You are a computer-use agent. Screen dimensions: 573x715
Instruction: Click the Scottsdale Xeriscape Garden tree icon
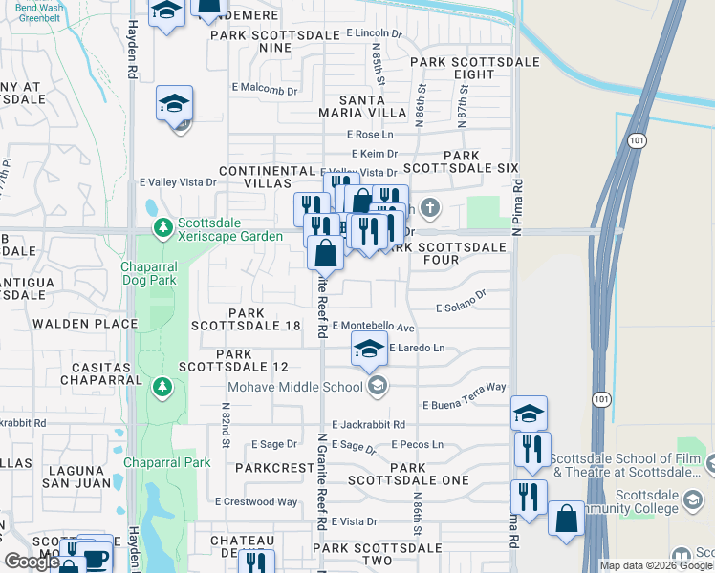(163, 227)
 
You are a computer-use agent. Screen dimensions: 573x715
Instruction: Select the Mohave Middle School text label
(293, 386)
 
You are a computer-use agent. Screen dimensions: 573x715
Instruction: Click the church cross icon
(431, 206)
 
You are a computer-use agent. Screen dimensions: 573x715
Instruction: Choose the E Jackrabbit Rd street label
(369, 424)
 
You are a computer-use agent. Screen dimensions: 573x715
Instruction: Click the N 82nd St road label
(227, 431)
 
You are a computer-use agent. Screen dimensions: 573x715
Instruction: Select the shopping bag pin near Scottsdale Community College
(566, 520)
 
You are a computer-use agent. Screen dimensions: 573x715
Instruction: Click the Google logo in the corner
(32, 562)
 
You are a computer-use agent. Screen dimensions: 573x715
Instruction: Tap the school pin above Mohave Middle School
(369, 350)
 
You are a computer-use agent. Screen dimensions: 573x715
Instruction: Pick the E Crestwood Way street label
(256, 501)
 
